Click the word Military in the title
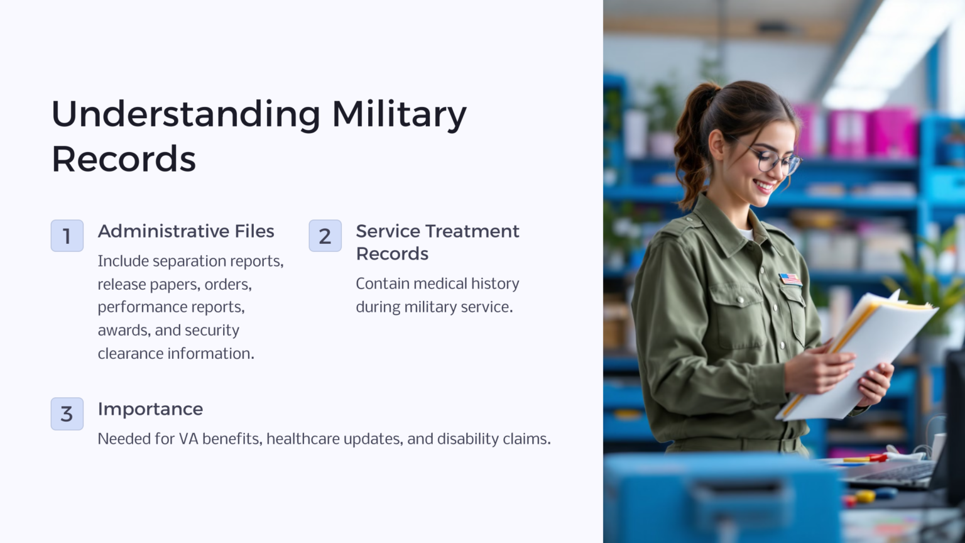(x=399, y=114)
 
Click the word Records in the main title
(x=124, y=159)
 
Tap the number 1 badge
(x=67, y=236)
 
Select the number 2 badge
(x=325, y=236)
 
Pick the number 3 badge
(x=67, y=414)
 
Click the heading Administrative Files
(x=186, y=231)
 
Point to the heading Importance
(x=150, y=409)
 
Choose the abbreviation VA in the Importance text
(x=188, y=439)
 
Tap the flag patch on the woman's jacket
(x=790, y=278)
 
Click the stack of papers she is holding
(x=861, y=352)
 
